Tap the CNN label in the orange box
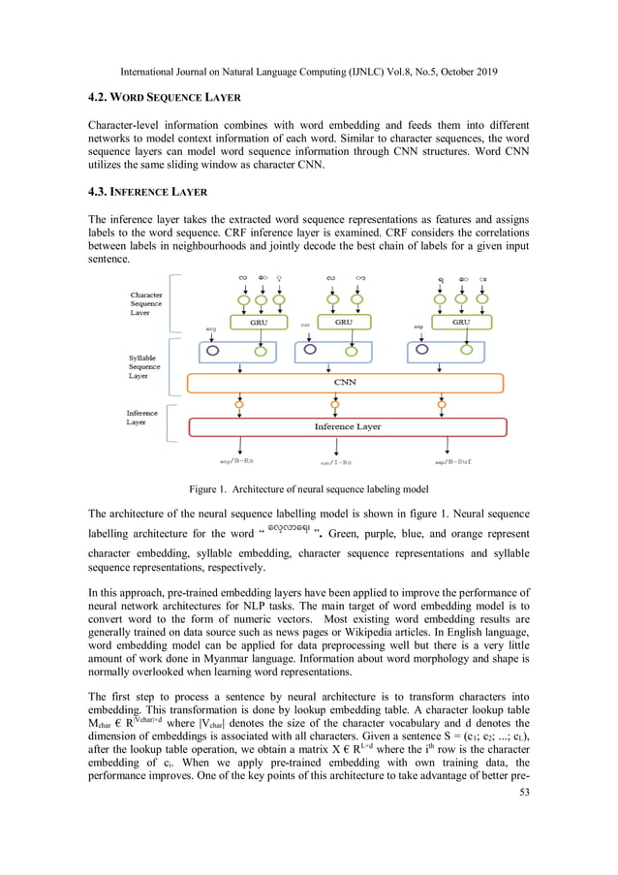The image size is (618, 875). (345, 382)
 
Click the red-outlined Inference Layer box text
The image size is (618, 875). (347, 426)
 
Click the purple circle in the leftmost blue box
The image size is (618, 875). (212, 351)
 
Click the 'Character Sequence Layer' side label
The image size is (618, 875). (152, 302)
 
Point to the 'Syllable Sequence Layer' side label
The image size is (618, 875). (147, 366)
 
